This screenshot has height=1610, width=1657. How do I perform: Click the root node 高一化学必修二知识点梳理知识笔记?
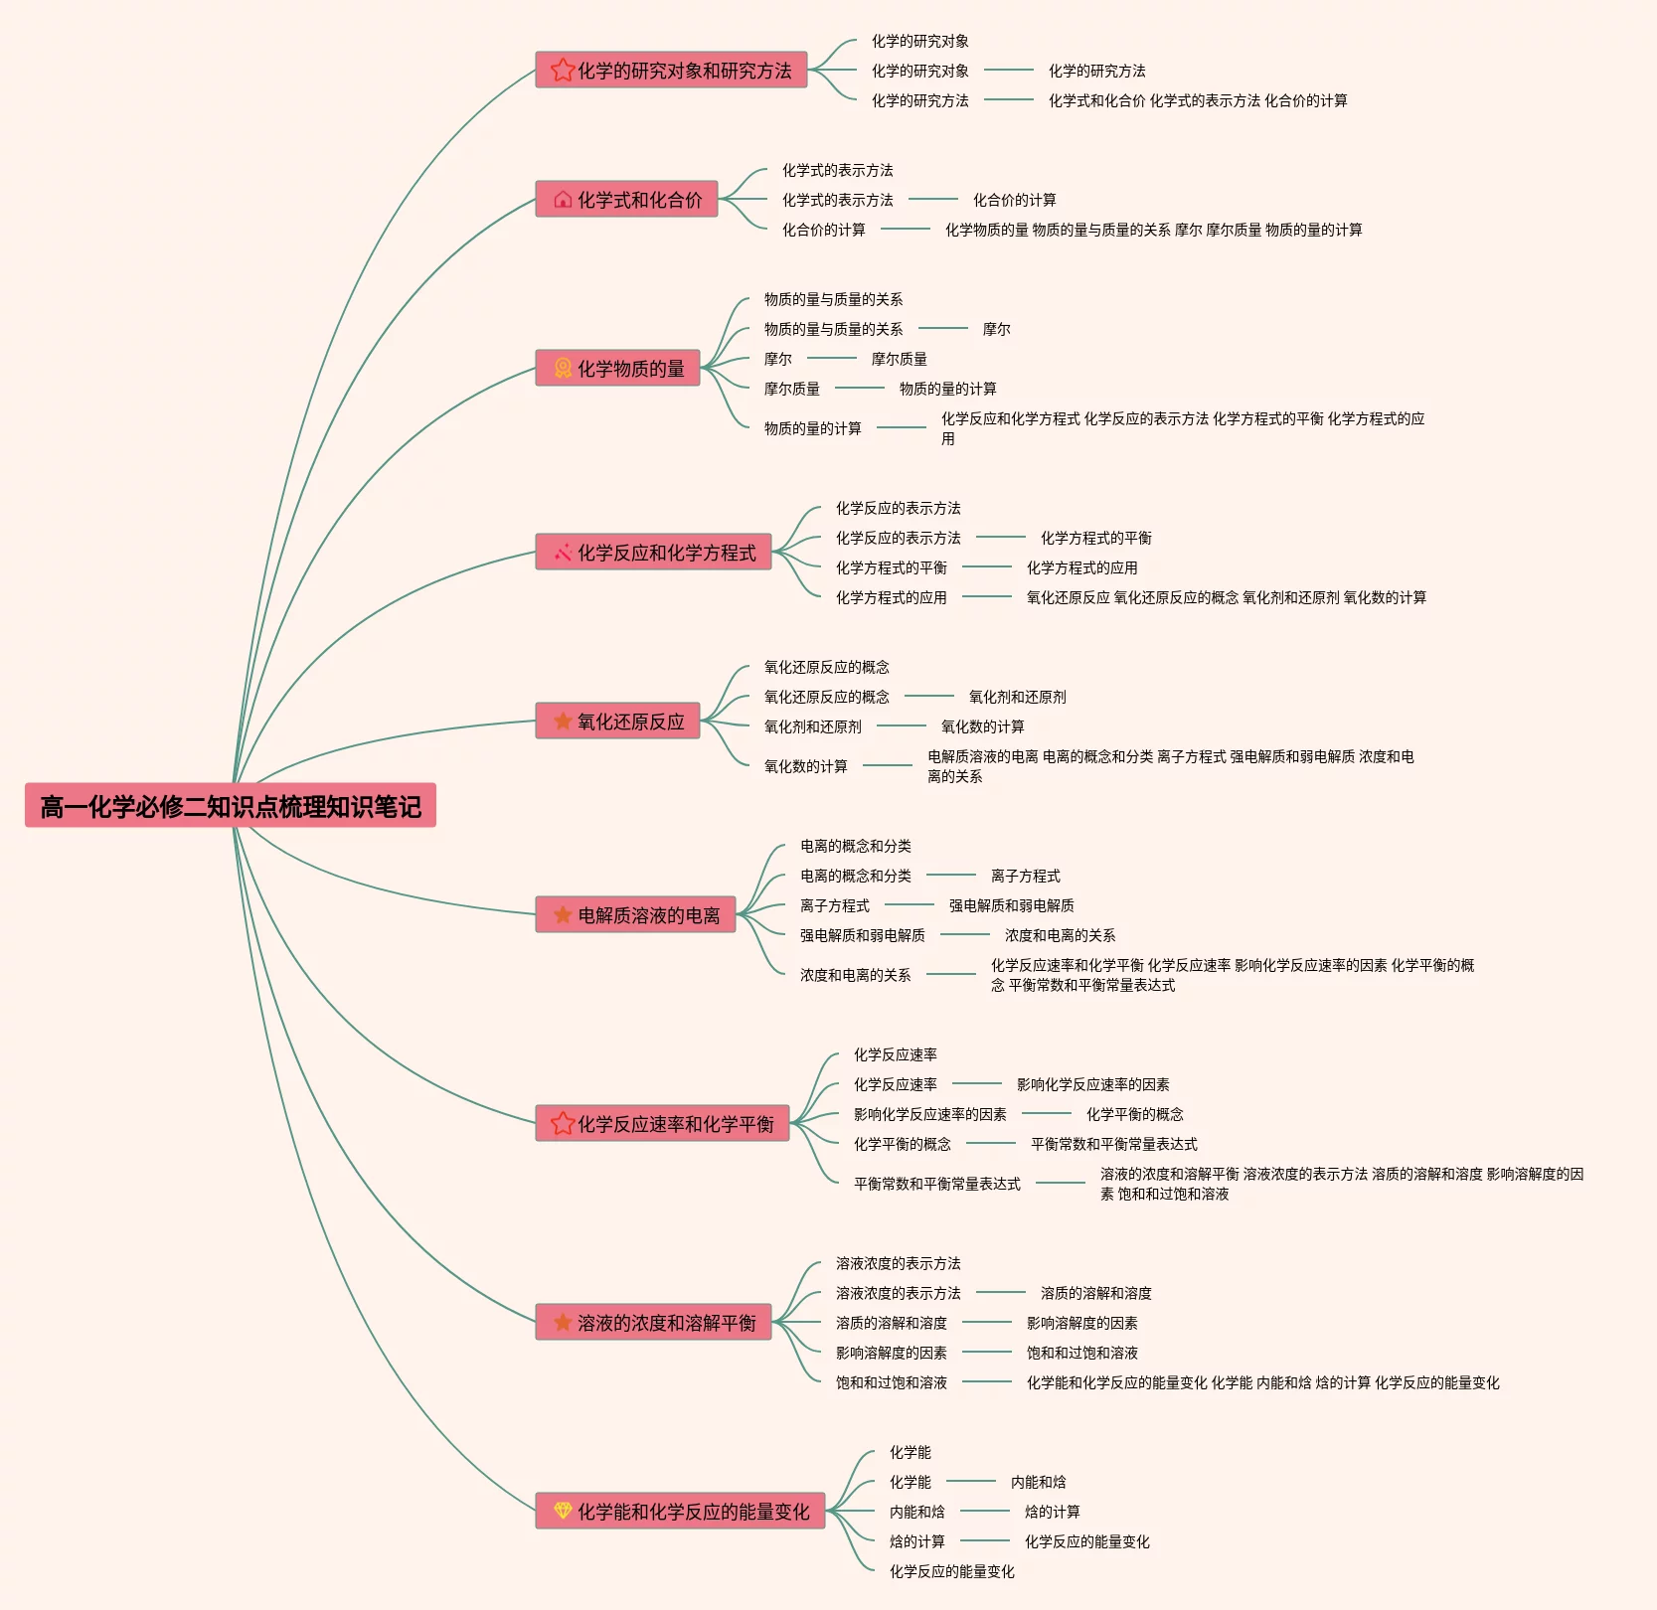pyautogui.click(x=231, y=806)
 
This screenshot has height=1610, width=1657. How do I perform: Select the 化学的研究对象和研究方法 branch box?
pyautogui.click(x=671, y=70)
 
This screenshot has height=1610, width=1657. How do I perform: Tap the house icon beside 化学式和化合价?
pyautogui.click(x=563, y=199)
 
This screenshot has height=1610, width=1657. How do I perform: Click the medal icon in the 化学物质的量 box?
pyautogui.click(x=563, y=368)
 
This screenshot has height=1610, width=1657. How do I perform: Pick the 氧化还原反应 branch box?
pyautogui.click(x=617, y=721)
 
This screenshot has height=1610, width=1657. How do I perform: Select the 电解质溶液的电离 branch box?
pyautogui.click(x=635, y=914)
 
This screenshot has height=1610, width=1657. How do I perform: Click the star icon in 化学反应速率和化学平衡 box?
pyautogui.click(x=563, y=1123)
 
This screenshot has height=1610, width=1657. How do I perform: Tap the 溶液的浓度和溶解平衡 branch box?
pyautogui.click(x=653, y=1322)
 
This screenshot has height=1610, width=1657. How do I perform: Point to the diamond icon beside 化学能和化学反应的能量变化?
pyautogui.click(x=563, y=1511)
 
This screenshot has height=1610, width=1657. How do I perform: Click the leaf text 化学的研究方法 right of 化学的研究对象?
pyautogui.click(x=1097, y=71)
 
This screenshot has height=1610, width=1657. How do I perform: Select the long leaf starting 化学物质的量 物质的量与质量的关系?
pyautogui.click(x=1154, y=230)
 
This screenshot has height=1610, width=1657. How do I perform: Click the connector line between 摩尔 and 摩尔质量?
pyautogui.click(x=832, y=358)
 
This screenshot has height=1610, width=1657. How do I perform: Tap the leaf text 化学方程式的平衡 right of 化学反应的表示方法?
pyautogui.click(x=1096, y=538)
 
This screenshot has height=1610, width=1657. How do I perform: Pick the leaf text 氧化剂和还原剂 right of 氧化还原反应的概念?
pyautogui.click(x=1018, y=697)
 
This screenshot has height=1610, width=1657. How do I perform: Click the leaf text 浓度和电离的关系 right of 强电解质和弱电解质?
pyautogui.click(x=1061, y=935)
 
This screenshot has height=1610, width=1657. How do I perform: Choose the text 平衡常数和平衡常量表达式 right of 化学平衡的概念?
pyautogui.click(x=1114, y=1144)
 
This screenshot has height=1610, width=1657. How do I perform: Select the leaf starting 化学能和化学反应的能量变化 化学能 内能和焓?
pyautogui.click(x=1263, y=1382)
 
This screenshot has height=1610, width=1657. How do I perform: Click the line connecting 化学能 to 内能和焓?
pyautogui.click(x=971, y=1481)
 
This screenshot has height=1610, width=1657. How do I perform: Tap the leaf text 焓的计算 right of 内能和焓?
pyautogui.click(x=1053, y=1512)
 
